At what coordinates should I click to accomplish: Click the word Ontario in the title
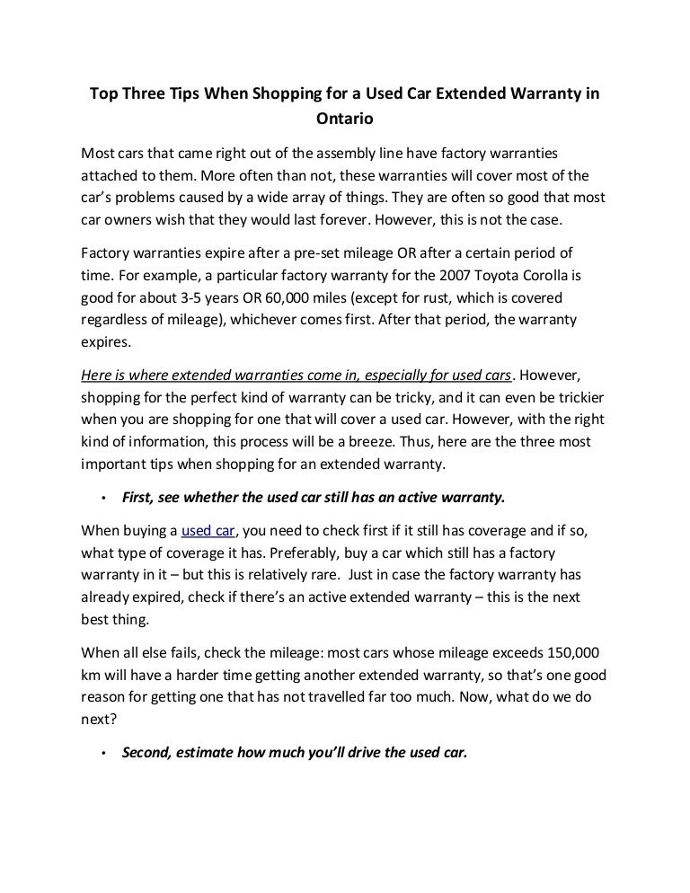tap(343, 118)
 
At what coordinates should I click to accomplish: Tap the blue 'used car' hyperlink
tap(208, 528)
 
